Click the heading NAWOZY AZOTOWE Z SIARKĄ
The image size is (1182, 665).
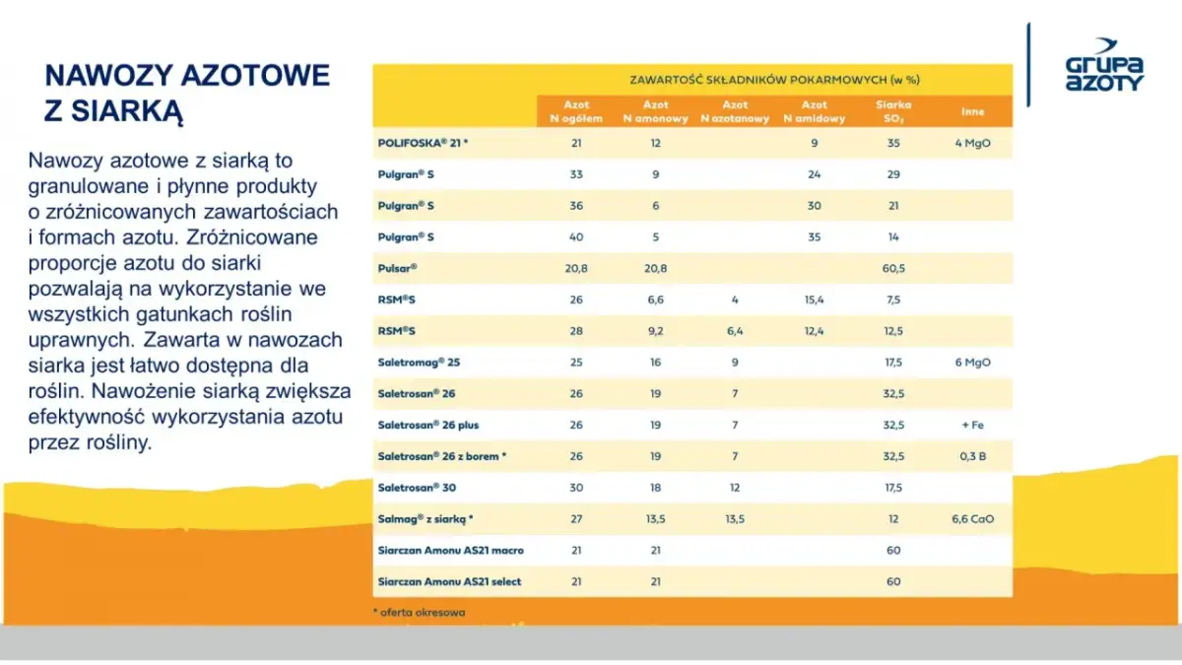tap(187, 92)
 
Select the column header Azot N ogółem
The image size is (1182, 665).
tap(576, 111)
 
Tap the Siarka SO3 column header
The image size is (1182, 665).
tap(893, 111)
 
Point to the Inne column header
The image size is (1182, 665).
tap(972, 111)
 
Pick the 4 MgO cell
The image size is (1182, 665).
tap(972, 143)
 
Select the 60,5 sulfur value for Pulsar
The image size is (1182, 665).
tap(893, 268)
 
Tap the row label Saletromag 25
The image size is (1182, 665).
tap(419, 362)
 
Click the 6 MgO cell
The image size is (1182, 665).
tap(972, 362)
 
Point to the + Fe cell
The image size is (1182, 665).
tap(972, 425)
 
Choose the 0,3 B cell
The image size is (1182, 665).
tap(972, 456)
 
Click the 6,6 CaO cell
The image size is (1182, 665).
tap(972, 518)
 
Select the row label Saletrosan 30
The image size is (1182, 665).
tap(417, 487)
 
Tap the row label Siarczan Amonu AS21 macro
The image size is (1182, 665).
tap(450, 550)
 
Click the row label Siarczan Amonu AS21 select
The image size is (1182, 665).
tap(449, 581)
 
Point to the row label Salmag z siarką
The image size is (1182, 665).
tap(426, 518)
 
